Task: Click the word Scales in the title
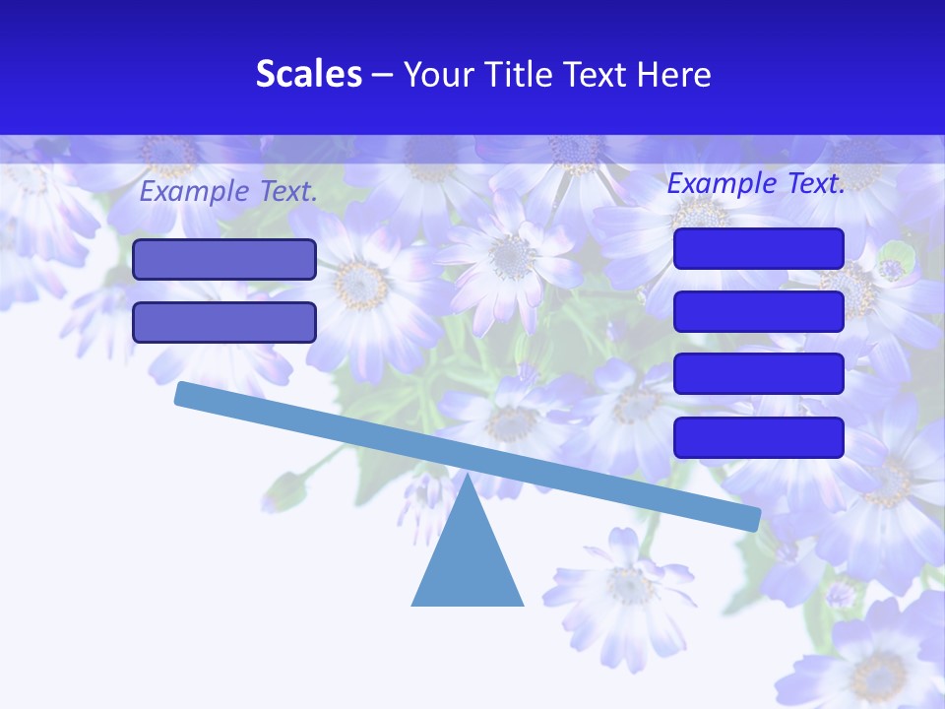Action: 309,74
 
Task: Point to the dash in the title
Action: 383,75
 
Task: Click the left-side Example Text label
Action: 228,192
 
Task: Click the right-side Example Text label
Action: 756,183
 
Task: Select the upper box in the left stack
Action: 224,260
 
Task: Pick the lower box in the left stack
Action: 224,322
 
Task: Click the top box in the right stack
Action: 759,248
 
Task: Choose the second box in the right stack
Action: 759,311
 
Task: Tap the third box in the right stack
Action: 759,374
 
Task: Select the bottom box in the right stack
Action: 759,437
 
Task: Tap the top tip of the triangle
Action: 468,477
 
